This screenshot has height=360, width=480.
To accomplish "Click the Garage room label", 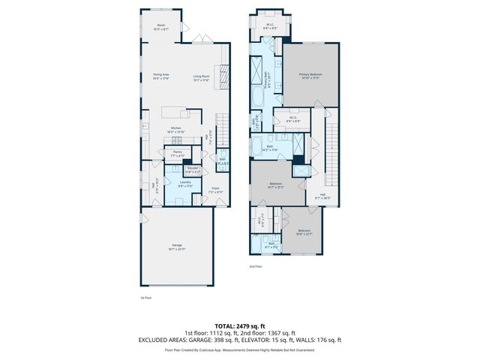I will click(177, 244).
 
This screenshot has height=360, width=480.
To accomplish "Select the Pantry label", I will click(177, 152).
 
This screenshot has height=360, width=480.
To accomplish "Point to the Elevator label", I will click(193, 167).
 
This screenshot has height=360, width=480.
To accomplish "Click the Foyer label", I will click(214, 188).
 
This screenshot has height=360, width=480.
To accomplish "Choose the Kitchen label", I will click(176, 127).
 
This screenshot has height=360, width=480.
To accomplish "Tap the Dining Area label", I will click(161, 74).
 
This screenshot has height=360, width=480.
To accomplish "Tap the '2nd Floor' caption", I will click(256, 266).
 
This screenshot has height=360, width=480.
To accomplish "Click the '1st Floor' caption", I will click(145, 298).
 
